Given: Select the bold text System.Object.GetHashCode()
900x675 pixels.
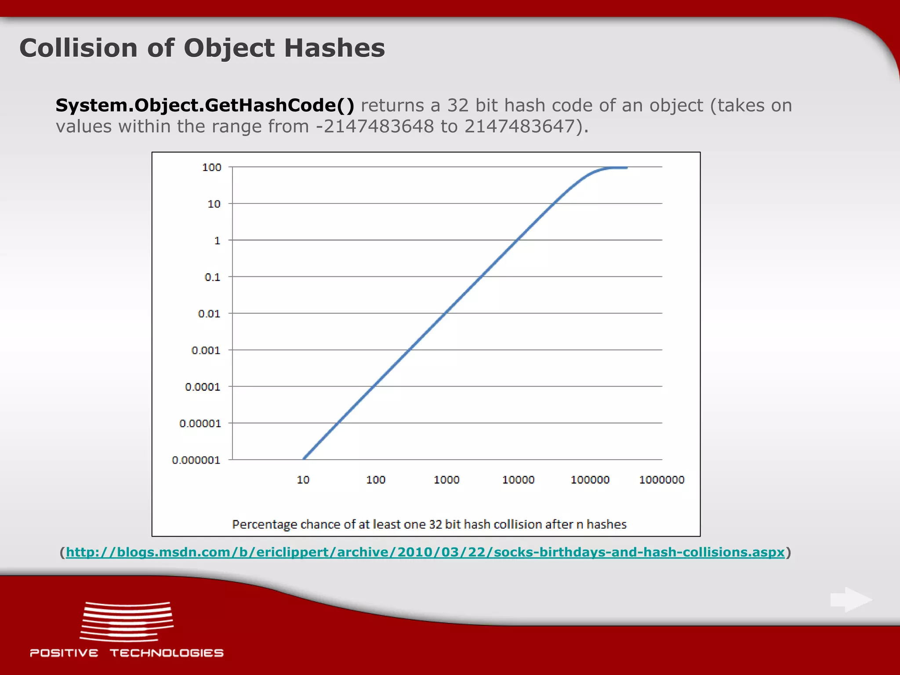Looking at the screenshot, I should pos(205,105).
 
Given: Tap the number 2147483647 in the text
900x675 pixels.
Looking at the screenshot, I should pos(519,127).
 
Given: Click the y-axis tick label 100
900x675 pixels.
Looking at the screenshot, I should pos(211,167).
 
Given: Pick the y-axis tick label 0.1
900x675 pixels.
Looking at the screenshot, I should pos(212,277).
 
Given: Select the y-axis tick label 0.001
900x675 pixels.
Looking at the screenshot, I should pos(206,351).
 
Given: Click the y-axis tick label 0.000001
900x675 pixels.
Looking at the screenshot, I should pos(196,461).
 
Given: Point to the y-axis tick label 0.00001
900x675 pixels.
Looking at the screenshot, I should pos(200,424).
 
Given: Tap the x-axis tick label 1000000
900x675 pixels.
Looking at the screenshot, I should pos(661,480).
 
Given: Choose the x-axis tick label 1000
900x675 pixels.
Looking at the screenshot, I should pos(446,480).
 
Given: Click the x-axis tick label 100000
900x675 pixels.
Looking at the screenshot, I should pos(590,480).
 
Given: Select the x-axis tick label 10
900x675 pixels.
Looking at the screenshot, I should pos(303,480).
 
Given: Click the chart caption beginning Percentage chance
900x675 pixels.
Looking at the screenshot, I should pos(429,524).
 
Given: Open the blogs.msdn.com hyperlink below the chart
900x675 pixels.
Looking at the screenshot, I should pos(425,552).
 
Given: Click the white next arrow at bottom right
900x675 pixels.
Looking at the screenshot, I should pos(851,599).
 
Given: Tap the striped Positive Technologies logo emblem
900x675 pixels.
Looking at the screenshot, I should pos(127,621).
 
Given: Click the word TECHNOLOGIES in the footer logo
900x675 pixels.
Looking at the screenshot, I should pos(167,653).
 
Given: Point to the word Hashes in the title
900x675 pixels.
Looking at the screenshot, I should pos(334,48).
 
